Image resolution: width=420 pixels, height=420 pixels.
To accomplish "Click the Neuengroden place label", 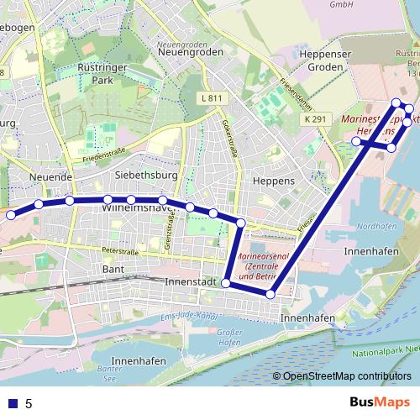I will [191, 52].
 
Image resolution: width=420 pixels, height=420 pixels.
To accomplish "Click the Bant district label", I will [112, 269].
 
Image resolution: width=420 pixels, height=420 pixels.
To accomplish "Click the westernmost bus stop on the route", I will [11, 215].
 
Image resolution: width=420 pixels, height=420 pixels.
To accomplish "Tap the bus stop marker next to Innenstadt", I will [225, 283].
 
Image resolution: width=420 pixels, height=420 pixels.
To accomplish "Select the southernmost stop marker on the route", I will [270, 293].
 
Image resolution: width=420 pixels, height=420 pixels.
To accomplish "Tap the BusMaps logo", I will [380, 403].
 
